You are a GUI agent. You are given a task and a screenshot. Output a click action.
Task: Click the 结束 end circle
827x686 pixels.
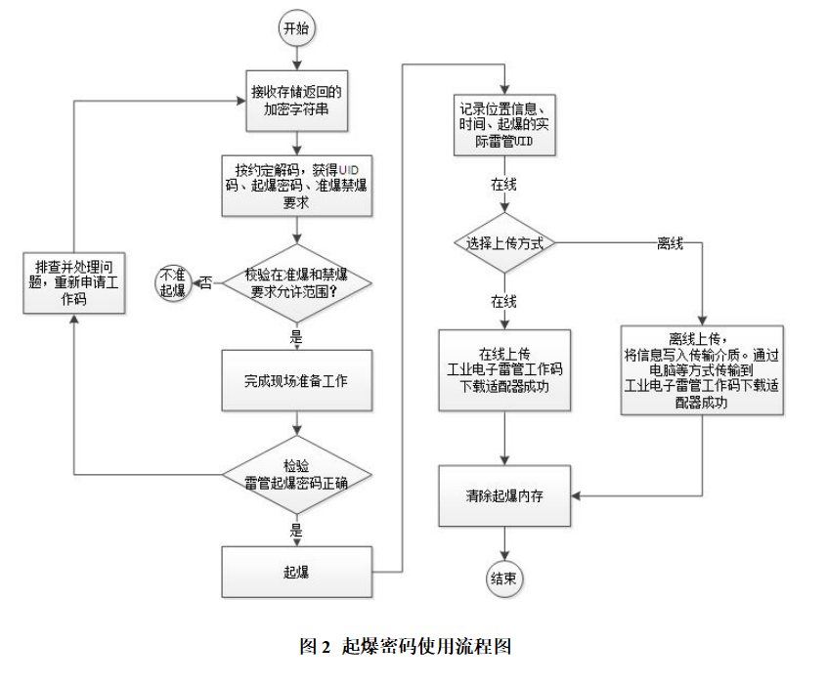pos(503,579)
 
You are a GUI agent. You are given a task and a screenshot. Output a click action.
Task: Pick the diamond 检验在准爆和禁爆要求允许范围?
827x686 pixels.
pos(295,283)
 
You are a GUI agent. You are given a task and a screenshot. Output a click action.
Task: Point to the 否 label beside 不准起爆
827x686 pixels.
pos(206,283)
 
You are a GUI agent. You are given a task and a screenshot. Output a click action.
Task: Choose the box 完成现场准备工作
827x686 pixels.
pos(295,379)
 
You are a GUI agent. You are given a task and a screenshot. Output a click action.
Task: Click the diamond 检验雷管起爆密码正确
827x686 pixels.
pos(295,474)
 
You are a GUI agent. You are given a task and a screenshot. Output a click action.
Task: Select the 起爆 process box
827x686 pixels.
pos(295,572)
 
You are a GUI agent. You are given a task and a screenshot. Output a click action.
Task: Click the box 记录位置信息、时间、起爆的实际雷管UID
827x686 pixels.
pos(505,125)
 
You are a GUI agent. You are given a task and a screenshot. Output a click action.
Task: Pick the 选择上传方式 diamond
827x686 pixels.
pos(504,241)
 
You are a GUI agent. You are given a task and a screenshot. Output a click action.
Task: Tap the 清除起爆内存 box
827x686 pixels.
pos(504,495)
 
